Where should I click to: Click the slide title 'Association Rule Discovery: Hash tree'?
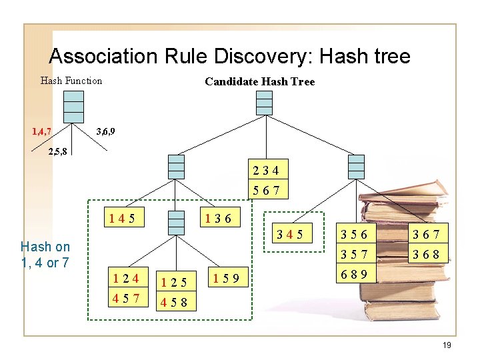click(x=229, y=56)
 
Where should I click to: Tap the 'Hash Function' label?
click(x=71, y=81)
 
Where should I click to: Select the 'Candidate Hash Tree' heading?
click(x=259, y=81)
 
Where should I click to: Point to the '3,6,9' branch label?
click(x=106, y=131)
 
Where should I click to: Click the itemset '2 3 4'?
click(x=269, y=170)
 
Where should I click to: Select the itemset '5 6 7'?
click(x=269, y=191)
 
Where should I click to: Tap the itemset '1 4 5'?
click(x=125, y=217)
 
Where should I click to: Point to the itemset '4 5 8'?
click(x=173, y=303)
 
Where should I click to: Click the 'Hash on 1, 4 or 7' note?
click(x=45, y=255)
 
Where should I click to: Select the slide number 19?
click(x=447, y=345)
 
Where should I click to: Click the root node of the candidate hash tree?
click(x=264, y=103)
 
